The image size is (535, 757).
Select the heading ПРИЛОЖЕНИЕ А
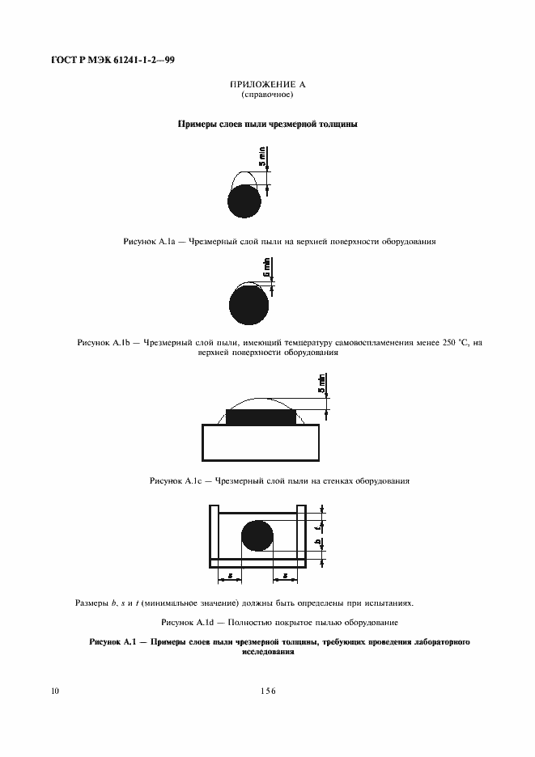267,85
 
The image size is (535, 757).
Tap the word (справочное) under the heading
267,95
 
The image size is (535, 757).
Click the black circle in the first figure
244,201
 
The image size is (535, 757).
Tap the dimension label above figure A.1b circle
267,268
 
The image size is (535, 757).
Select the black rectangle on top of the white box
260,418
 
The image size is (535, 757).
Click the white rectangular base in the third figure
260,442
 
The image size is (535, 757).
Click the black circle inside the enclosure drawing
258,537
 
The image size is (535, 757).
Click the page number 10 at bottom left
54,691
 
